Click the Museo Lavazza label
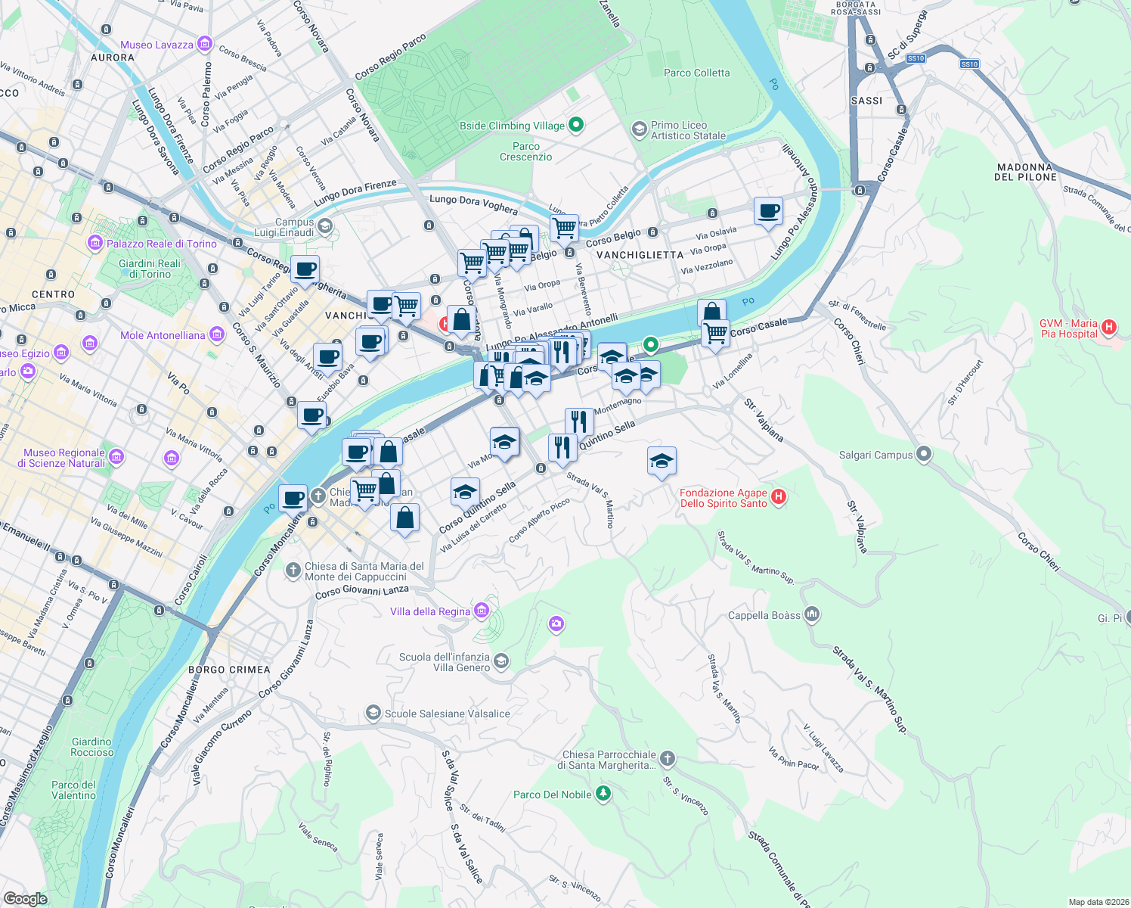pyautogui.click(x=156, y=45)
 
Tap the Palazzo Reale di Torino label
pyautogui.click(x=161, y=244)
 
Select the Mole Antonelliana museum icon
pyautogui.click(x=217, y=334)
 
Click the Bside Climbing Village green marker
pyautogui.click(x=576, y=125)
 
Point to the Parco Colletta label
pyautogui.click(x=696, y=73)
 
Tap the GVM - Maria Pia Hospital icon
pyautogui.click(x=1109, y=327)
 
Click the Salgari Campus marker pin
pyautogui.click(x=923, y=454)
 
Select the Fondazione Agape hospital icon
pyautogui.click(x=779, y=497)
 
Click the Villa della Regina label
pyautogui.click(x=430, y=611)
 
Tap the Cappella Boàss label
pyautogui.click(x=764, y=615)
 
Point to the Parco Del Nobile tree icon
pyautogui.click(x=603, y=793)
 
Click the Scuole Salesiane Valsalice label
pyautogui.click(x=448, y=714)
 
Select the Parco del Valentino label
pyautogui.click(x=73, y=790)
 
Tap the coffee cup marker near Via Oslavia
pyautogui.click(x=768, y=212)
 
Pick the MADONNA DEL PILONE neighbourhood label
pyautogui.click(x=1025, y=172)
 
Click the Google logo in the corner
pyautogui.click(x=25, y=898)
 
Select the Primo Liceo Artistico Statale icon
pyautogui.click(x=639, y=130)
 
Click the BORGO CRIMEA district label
pyautogui.click(x=229, y=670)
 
